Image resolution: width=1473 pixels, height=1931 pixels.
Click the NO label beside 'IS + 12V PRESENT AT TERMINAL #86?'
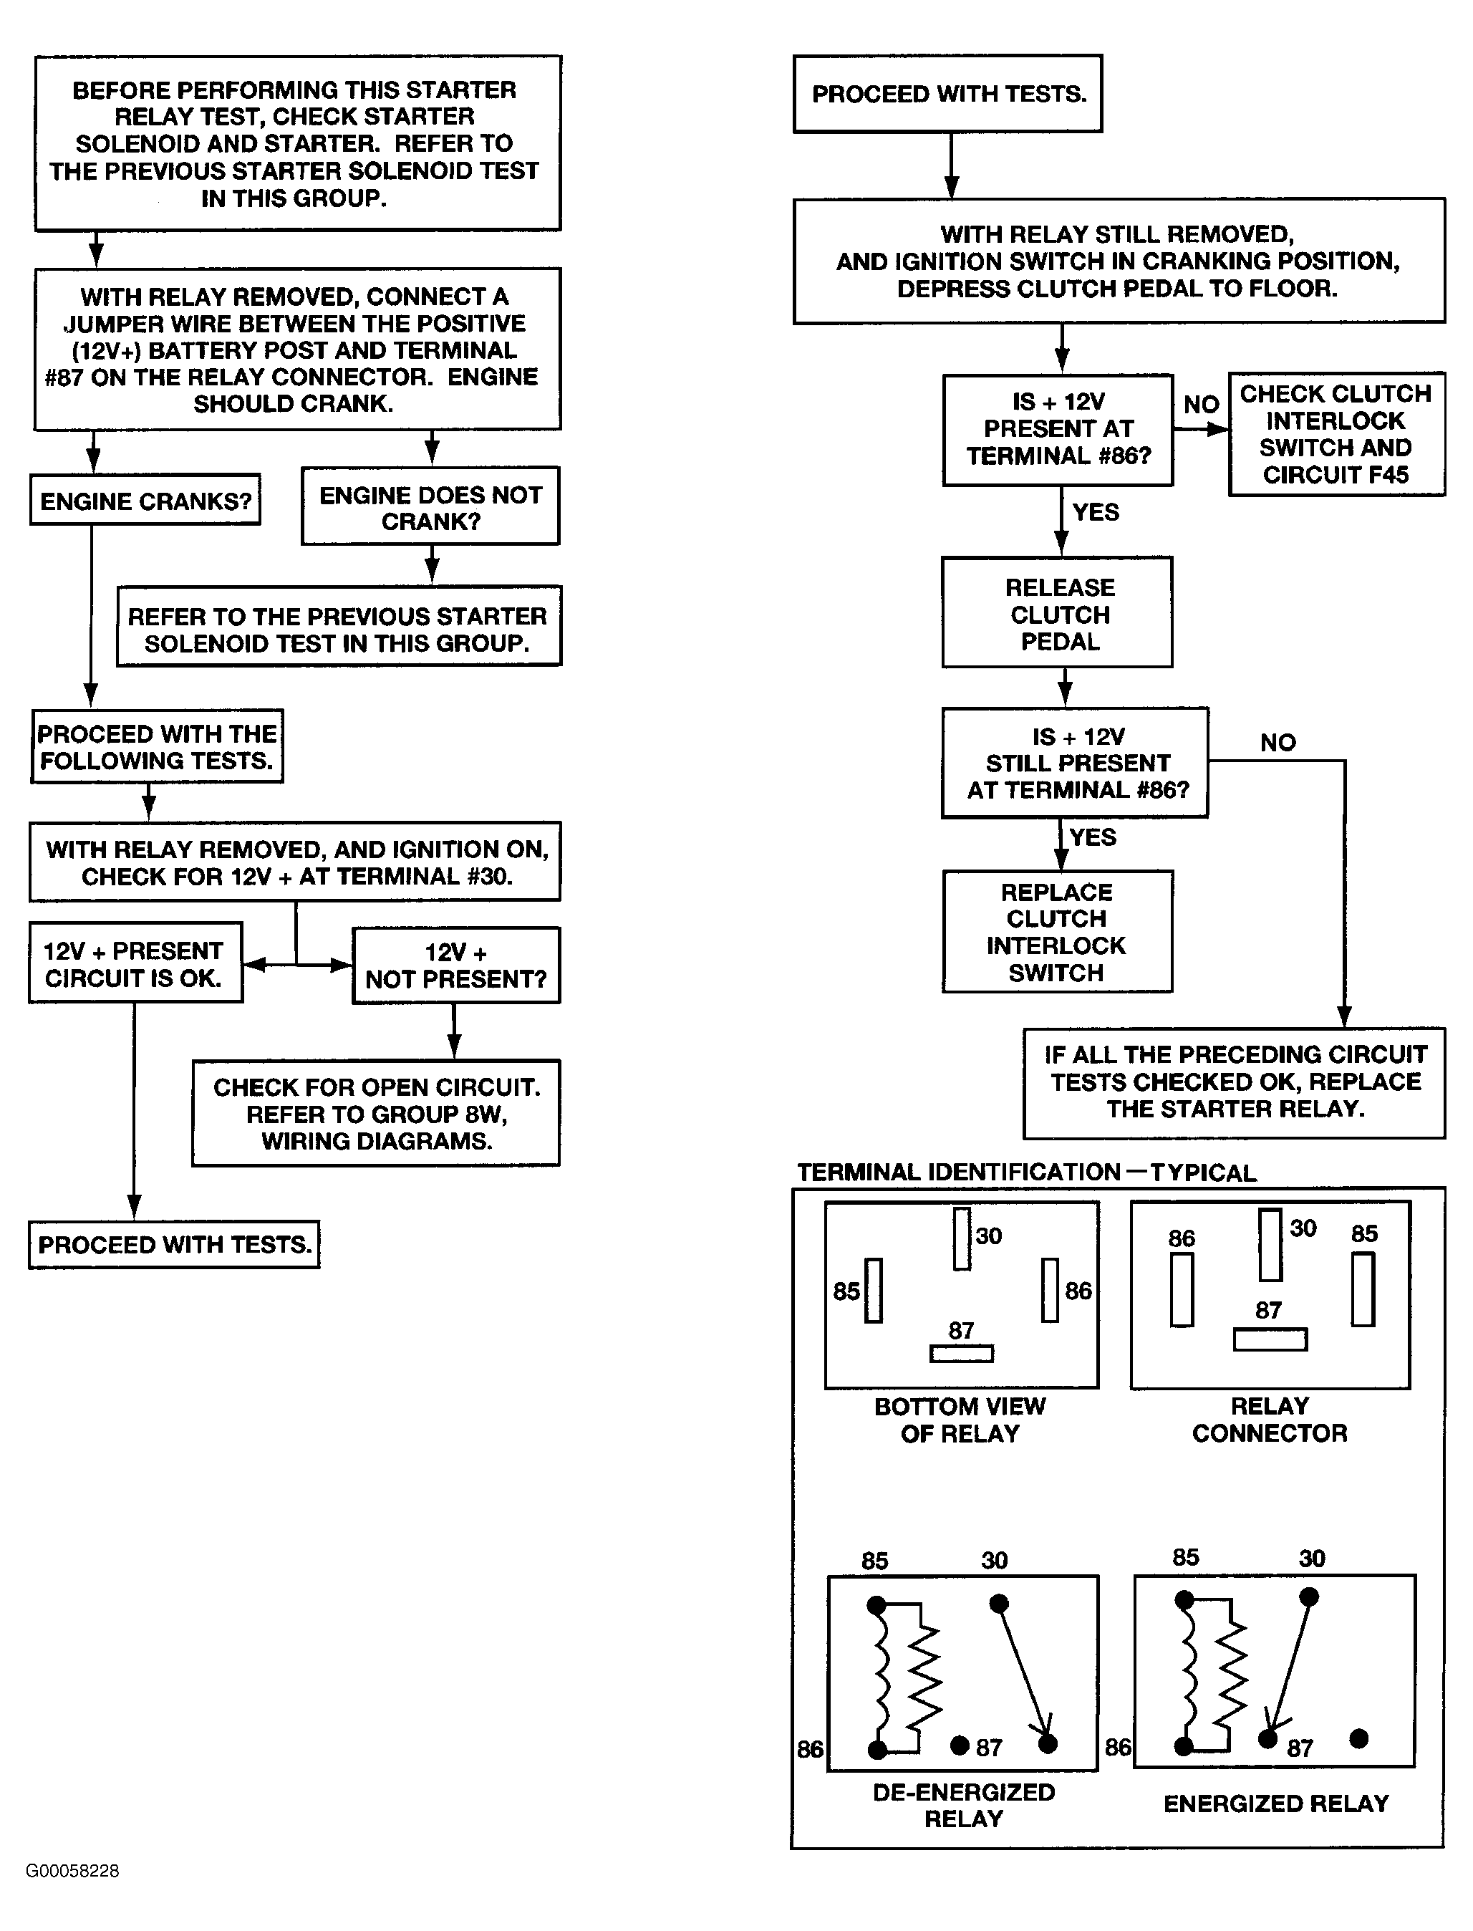[x=1201, y=404]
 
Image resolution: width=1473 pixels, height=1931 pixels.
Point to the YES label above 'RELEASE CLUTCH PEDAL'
[x=1096, y=512]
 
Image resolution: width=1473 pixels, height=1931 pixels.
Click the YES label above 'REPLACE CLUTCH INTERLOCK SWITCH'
[x=1093, y=837]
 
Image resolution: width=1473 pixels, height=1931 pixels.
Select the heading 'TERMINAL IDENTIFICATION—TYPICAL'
[x=1027, y=1172]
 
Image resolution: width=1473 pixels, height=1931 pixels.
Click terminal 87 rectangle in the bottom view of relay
[x=962, y=1354]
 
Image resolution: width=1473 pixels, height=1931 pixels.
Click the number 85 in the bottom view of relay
[x=847, y=1291]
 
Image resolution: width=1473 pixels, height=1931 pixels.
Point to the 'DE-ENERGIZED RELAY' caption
[x=964, y=1806]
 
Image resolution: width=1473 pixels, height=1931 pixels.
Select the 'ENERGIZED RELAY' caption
[x=1277, y=1804]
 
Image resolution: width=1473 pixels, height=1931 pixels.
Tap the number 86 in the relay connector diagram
[x=1182, y=1238]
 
